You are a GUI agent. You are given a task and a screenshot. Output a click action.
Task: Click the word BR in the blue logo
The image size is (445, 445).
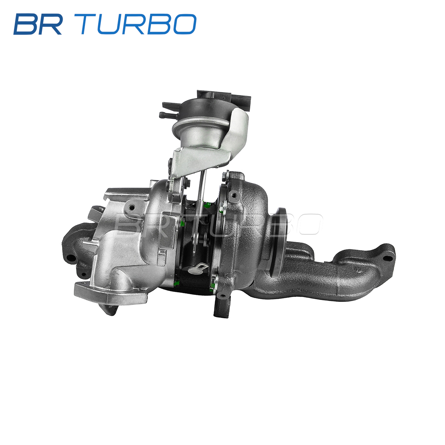pyautogui.click(x=38, y=24)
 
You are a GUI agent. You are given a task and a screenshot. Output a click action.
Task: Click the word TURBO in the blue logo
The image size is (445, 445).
pyautogui.click(x=139, y=24)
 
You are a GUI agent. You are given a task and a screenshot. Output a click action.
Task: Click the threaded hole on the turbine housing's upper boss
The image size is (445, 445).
pyautogui.click(x=234, y=195)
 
